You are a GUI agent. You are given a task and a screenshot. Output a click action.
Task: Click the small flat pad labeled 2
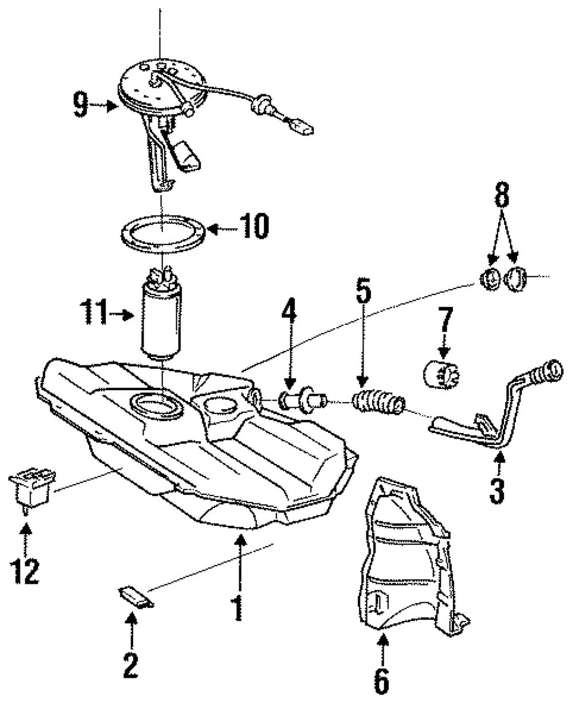[136, 596]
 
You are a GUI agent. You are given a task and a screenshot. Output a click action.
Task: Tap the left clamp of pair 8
[489, 279]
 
